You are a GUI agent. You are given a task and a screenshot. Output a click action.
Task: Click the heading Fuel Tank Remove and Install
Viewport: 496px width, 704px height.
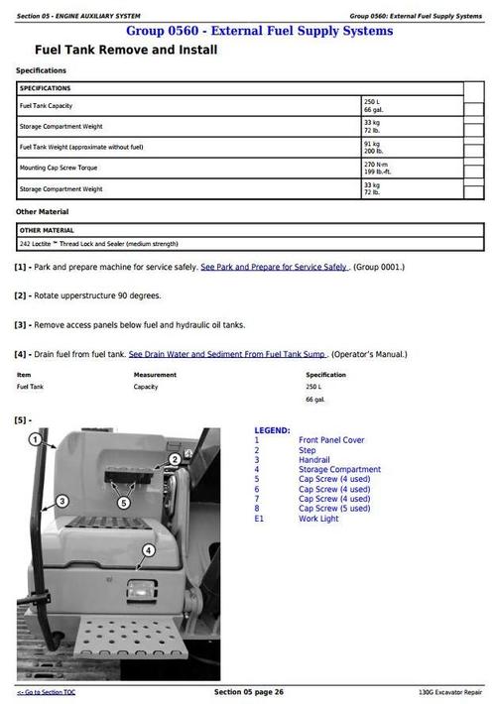pyautogui.click(x=126, y=50)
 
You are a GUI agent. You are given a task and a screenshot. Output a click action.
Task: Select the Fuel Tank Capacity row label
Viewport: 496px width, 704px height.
pyautogui.click(x=46, y=106)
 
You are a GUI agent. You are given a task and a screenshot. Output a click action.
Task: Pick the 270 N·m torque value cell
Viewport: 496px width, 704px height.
pyautogui.click(x=376, y=164)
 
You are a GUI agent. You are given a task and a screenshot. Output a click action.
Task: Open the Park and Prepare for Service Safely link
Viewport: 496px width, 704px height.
pyautogui.click(x=274, y=268)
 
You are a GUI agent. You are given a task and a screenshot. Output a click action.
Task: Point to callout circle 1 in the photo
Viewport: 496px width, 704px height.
pyautogui.click(x=35, y=439)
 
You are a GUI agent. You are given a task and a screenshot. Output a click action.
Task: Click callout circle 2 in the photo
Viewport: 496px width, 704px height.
pyautogui.click(x=175, y=459)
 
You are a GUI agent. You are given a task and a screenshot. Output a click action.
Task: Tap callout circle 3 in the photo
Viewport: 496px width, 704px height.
pyautogui.click(x=62, y=502)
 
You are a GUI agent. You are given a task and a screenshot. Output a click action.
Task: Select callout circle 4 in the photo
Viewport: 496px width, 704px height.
pyautogui.click(x=149, y=549)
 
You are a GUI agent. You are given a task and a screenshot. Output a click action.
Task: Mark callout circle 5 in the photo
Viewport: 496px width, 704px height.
pyautogui.click(x=124, y=503)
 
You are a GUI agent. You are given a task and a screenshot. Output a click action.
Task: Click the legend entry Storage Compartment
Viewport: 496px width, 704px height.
pyautogui.click(x=339, y=470)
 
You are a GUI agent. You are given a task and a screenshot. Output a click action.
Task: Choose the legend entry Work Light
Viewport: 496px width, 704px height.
pyautogui.click(x=318, y=519)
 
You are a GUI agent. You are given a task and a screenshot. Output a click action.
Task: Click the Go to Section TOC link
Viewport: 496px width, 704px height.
pyautogui.click(x=46, y=691)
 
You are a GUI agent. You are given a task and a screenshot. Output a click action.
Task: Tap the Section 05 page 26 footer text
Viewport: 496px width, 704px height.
pyautogui.click(x=249, y=691)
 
